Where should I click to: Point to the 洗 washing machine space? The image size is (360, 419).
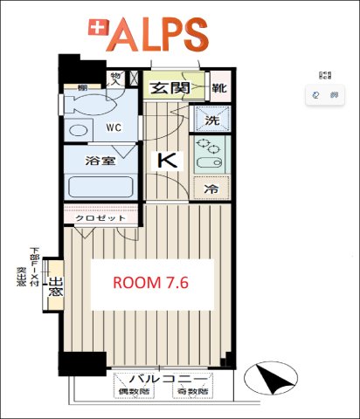(211, 120)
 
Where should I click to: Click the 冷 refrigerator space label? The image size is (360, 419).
(211, 189)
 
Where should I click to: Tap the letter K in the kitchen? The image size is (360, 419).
(166, 160)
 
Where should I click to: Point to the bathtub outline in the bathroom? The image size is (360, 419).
(98, 187)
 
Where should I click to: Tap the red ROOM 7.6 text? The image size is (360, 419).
(152, 283)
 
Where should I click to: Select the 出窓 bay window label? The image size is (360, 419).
(54, 287)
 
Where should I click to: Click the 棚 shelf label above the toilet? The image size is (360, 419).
(80, 88)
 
